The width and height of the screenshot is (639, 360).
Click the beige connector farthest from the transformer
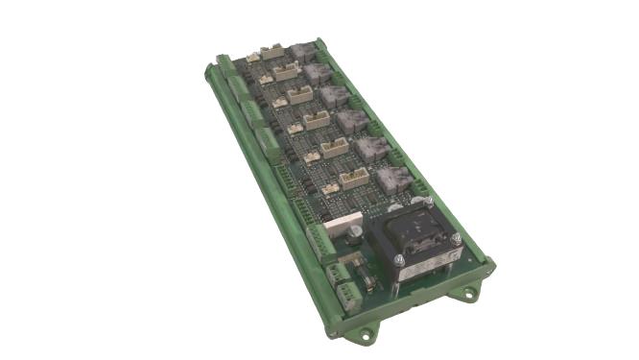click(272, 50)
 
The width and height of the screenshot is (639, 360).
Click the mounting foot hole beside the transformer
click(471, 292)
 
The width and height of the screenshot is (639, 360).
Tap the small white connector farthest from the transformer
click(252, 58)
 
